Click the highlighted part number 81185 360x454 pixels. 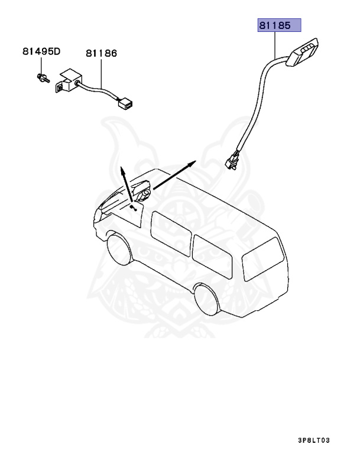point(278,27)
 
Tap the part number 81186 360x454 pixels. point(101,53)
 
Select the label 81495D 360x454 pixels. point(41,51)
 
